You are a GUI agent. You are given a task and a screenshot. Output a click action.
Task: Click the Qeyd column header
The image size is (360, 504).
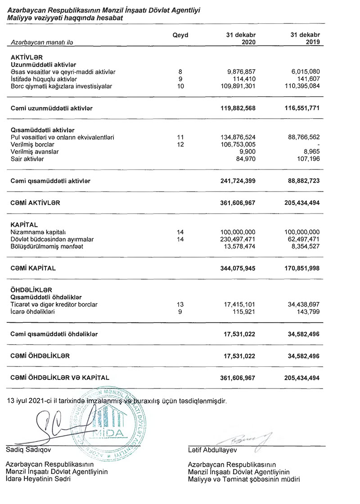pos(180,35)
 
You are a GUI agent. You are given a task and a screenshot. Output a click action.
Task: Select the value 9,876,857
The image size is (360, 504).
pos(239,72)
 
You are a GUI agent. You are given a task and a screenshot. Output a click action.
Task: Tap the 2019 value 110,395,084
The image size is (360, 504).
pos(298,86)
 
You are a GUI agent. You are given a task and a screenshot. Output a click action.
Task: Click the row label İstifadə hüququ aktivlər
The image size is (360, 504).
pos(44,79)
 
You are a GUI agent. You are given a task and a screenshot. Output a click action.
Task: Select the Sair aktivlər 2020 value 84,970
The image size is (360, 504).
pos(244,159)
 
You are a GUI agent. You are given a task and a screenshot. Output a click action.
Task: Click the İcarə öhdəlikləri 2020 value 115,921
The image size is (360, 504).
pos(243,312)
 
